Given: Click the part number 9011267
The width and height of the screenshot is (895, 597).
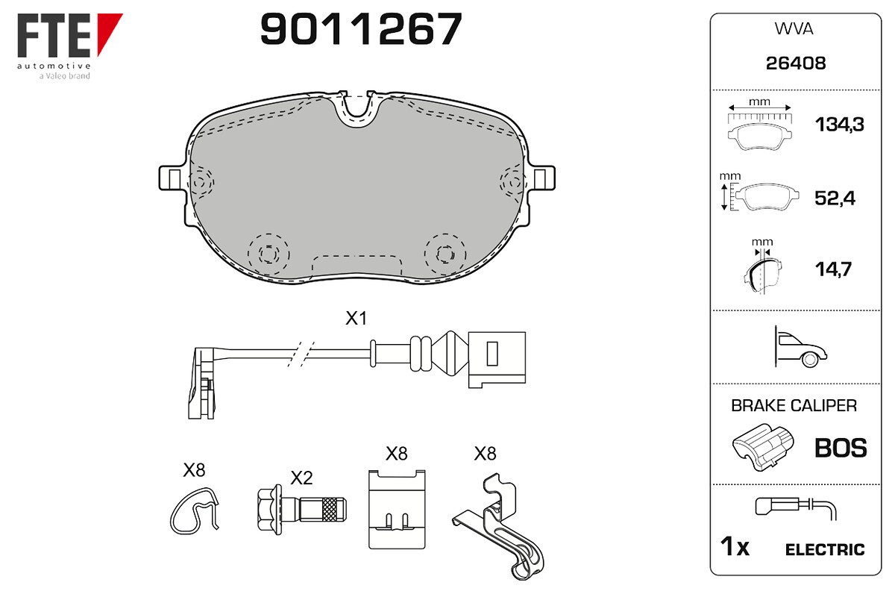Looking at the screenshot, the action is pos(361,28).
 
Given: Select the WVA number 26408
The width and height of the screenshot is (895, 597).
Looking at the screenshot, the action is pos(796,63).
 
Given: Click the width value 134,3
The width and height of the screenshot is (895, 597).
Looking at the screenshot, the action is pos(839,125).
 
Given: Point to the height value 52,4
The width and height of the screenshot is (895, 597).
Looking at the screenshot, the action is pos(835,198).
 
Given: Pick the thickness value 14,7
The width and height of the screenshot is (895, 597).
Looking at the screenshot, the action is pos(833,269).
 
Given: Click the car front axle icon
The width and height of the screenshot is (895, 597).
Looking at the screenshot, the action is pos(800,347).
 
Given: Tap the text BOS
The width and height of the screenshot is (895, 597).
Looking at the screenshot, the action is pos(841,448).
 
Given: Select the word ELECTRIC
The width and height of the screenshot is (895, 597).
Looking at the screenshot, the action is pos(825,550).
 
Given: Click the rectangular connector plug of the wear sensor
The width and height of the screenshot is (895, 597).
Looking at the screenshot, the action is pos(497,359).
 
